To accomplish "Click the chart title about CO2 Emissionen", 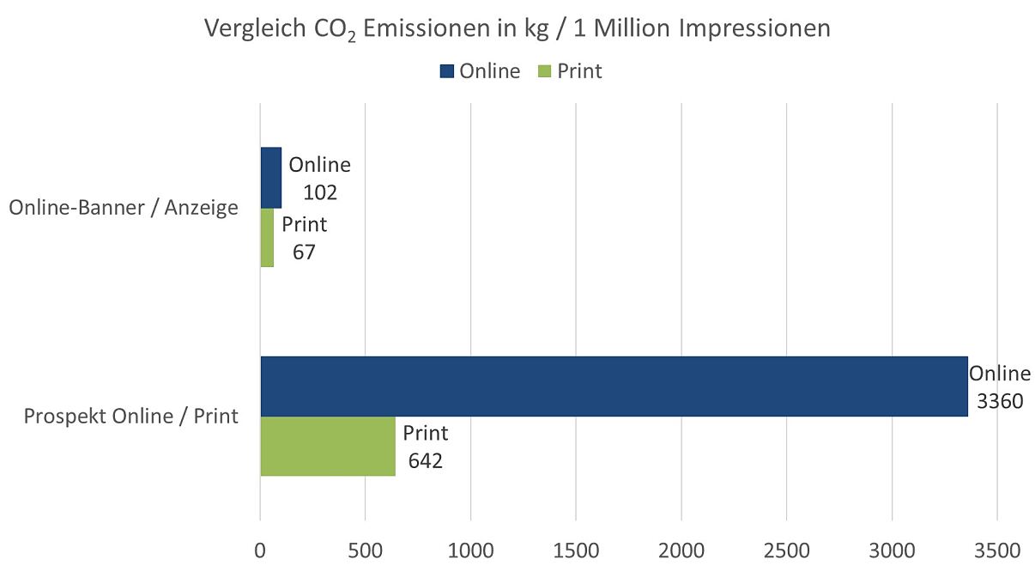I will [x=517, y=28].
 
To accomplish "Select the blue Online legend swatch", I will [x=446, y=71].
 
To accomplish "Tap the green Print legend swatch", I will [x=544, y=71].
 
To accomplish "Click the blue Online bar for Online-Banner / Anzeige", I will [x=270, y=178].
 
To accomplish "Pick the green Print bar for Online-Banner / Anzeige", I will [x=267, y=237].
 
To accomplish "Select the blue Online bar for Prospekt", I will [x=614, y=386].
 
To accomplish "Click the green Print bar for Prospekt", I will [x=328, y=446].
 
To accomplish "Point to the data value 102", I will [x=320, y=192].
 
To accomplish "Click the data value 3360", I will [x=1000, y=401].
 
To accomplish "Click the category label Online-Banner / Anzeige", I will [x=124, y=208].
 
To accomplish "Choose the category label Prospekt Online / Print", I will [x=131, y=417].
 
